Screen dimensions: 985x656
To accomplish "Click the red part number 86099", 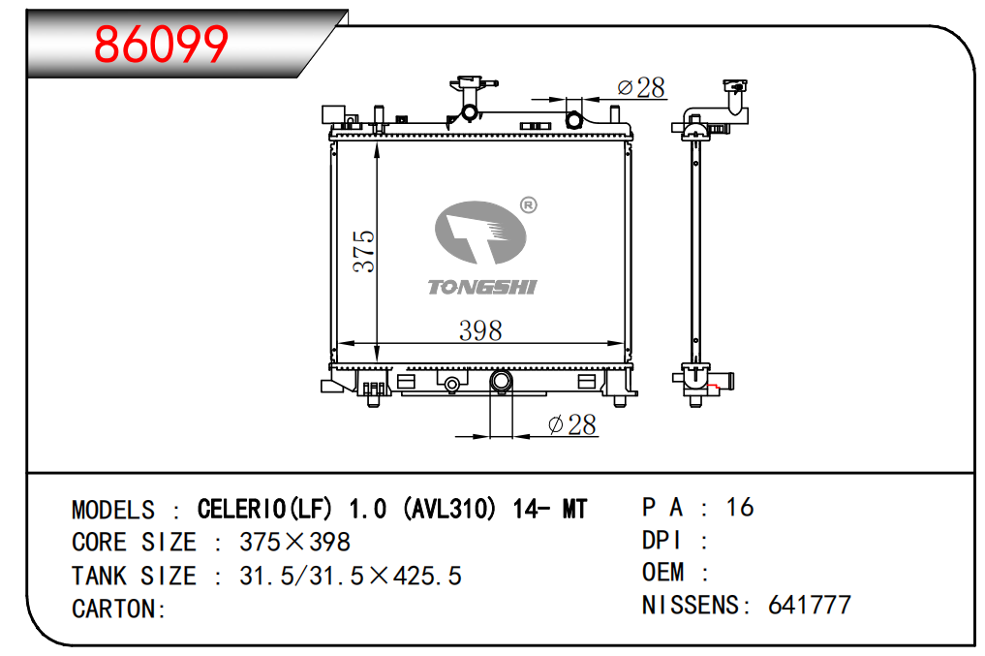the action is [161, 44].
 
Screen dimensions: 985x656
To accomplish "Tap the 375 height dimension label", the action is [364, 251].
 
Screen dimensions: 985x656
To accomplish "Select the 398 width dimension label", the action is [480, 330].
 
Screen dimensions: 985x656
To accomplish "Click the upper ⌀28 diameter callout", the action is [641, 88].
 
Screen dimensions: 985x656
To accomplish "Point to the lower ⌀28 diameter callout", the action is [571, 424].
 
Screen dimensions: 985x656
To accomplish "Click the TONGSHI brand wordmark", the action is [481, 287].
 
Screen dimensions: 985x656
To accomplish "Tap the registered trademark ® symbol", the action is [529, 204].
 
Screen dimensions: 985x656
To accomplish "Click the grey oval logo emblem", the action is [480, 233].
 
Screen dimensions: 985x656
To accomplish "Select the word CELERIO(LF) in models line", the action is [264, 509].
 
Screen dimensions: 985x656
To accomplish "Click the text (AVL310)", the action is [449, 509].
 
